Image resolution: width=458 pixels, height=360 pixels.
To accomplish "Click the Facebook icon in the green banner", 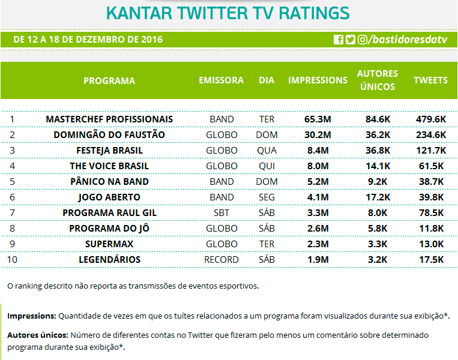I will tap(339, 40).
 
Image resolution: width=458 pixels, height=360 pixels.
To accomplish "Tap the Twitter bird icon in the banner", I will tap(351, 40).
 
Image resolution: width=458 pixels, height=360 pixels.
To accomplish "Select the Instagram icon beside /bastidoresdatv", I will tap(363, 40).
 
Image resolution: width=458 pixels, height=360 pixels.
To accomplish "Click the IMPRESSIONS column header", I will tap(318, 80).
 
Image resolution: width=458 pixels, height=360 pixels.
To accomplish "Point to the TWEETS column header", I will tap(430, 80).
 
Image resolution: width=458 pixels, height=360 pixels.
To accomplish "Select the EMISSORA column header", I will tap(221, 80).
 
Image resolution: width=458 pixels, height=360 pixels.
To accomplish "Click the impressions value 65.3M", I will tap(318, 119).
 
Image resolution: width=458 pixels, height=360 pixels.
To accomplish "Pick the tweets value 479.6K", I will tap(430, 119).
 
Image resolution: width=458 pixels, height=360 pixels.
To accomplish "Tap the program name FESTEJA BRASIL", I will tap(109, 150).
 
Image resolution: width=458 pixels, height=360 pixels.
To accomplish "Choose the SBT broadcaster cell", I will tap(221, 212).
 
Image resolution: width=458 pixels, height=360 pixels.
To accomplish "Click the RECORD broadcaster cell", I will tap(221, 259).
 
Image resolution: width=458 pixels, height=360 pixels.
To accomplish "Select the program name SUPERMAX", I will tap(109, 244).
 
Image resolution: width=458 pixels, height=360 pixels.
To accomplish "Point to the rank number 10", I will tap(12, 259).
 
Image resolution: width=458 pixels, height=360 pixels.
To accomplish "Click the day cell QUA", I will tap(267, 150).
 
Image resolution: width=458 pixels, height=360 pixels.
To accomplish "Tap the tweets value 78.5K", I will tap(430, 212).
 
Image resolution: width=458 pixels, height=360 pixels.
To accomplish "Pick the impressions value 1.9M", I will tap(318, 259).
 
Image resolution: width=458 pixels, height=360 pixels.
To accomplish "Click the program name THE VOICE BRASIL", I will tap(109, 166).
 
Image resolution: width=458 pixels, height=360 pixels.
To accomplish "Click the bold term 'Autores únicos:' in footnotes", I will tap(37, 335).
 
